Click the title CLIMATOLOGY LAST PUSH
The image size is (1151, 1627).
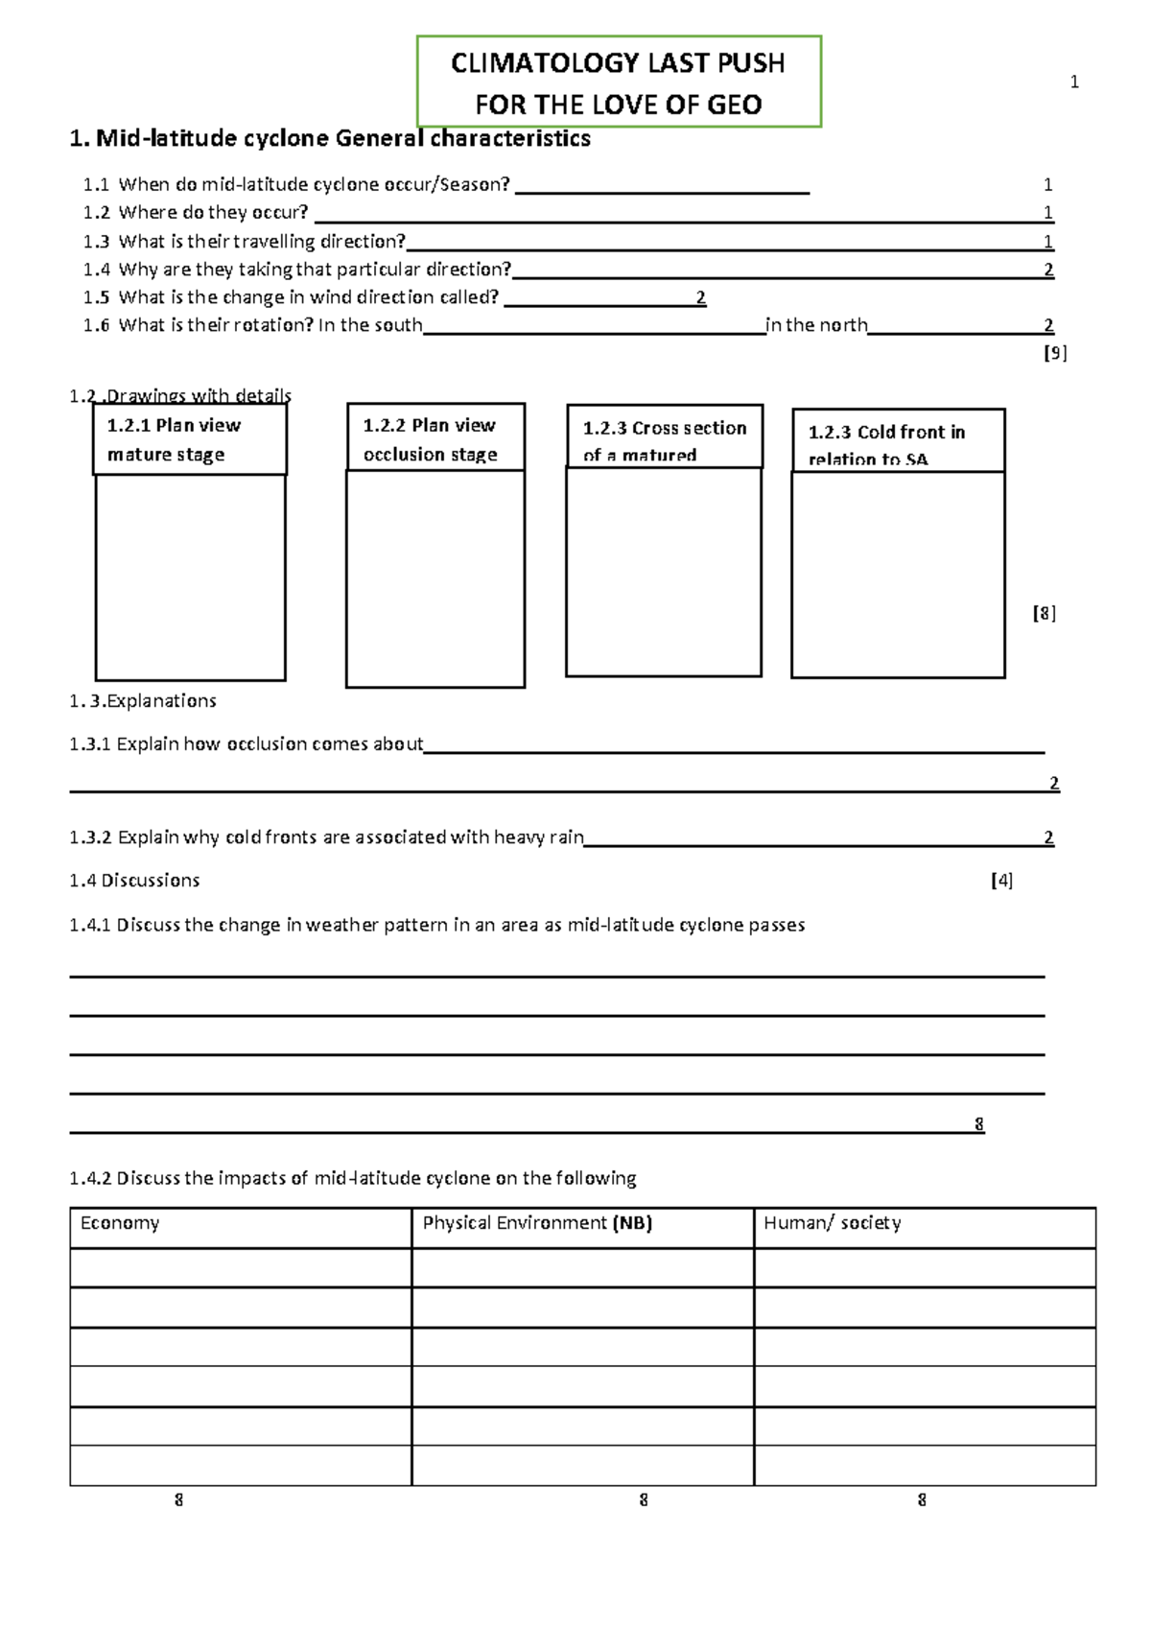pyautogui.click(x=618, y=63)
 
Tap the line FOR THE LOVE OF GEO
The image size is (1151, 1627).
pyautogui.click(x=618, y=105)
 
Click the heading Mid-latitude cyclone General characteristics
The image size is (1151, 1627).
pyautogui.click(x=330, y=139)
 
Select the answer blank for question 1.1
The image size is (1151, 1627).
pyautogui.click(x=662, y=186)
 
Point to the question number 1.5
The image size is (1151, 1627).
pyautogui.click(x=96, y=297)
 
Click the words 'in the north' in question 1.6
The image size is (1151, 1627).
pyautogui.click(x=816, y=325)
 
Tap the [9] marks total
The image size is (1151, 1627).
pyautogui.click(x=1054, y=353)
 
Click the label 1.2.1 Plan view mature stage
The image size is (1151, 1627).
pyautogui.click(x=175, y=439)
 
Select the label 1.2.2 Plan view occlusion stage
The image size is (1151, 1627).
pyautogui.click(x=430, y=438)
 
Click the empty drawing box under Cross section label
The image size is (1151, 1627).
pyautogui.click(x=663, y=572)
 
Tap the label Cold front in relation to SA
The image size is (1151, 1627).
pyautogui.click(x=886, y=444)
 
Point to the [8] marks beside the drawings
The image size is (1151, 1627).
pyautogui.click(x=1044, y=613)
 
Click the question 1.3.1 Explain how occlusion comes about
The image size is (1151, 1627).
pyautogui.click(x=246, y=744)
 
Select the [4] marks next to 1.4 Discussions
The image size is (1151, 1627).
pyautogui.click(x=1001, y=881)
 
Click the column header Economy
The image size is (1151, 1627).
pyautogui.click(x=120, y=1223)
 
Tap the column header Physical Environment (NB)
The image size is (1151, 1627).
pyautogui.click(x=537, y=1223)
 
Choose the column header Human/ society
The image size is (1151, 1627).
pyautogui.click(x=832, y=1223)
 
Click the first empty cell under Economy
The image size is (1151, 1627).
pyautogui.click(x=240, y=1267)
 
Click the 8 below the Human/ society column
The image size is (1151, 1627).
pyautogui.click(x=922, y=1500)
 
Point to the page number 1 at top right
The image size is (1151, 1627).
pyautogui.click(x=1074, y=83)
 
